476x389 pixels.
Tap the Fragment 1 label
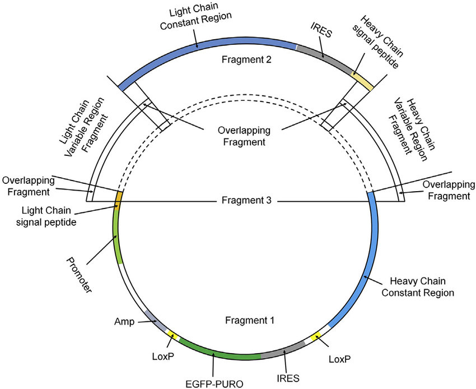tap(249, 321)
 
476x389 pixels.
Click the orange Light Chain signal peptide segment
tap(118, 197)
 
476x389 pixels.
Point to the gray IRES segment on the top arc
tap(325, 57)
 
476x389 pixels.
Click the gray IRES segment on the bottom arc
tap(283, 349)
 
